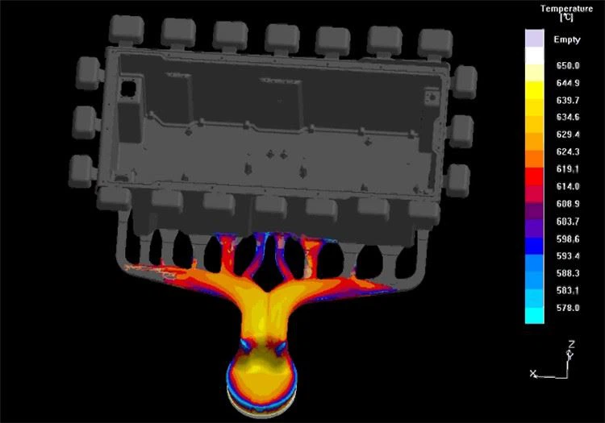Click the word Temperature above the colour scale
(x=566, y=9)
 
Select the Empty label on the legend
(x=567, y=39)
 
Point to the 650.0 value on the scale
(x=568, y=65)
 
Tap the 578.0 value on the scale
(x=568, y=308)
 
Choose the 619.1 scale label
(x=568, y=169)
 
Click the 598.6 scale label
(x=568, y=238)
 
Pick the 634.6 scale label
(x=568, y=117)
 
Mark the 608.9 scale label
(x=568, y=204)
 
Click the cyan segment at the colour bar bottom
(x=534, y=316)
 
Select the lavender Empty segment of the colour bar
(x=534, y=38)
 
